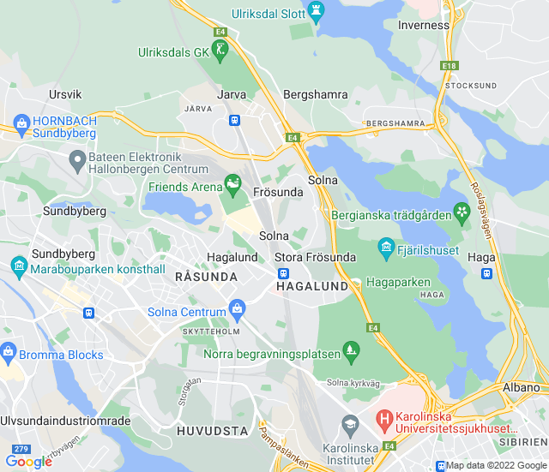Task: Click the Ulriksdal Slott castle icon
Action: (317, 14)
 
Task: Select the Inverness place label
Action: (423, 25)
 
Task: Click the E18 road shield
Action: (449, 65)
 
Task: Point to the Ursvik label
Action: (65, 94)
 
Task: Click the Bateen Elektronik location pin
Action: (77, 158)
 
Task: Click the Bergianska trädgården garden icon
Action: (462, 210)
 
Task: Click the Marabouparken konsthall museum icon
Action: (19, 268)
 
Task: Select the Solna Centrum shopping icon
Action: (238, 308)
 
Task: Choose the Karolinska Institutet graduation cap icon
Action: (350, 424)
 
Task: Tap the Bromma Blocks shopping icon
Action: (9, 350)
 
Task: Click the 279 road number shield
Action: (21, 448)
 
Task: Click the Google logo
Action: (28, 461)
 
